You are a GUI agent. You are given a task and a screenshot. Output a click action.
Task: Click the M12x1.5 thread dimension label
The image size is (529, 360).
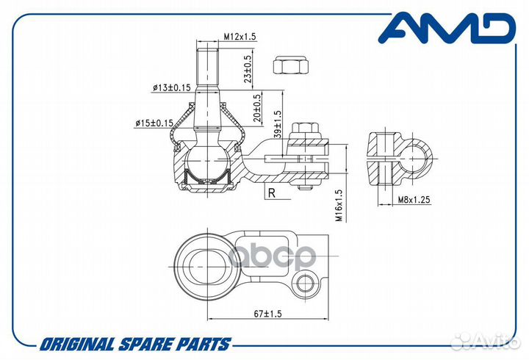coord(240,37)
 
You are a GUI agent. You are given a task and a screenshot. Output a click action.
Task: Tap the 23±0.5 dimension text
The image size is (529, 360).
coord(248,69)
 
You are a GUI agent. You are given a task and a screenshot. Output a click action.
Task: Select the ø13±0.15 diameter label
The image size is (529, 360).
coord(172,87)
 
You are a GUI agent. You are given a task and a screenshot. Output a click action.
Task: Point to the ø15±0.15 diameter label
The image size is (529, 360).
coord(154,123)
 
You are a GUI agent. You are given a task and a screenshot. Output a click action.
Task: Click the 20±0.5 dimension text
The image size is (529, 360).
coord(257,107)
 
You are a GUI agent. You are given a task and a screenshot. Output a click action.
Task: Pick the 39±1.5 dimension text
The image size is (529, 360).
coord(277,124)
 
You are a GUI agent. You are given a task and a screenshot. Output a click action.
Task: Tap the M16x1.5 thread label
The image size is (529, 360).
coord(339,206)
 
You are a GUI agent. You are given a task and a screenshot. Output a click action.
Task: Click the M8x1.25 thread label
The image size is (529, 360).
coord(414,200)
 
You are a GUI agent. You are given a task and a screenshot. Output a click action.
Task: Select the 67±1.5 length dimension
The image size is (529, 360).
coord(267,314)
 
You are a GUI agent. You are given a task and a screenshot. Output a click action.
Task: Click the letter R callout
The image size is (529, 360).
coord(272,193)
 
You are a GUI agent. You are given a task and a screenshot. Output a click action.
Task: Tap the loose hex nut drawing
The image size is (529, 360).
coord(291,65)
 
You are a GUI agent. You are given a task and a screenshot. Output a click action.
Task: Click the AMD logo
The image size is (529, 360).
coord(447,29)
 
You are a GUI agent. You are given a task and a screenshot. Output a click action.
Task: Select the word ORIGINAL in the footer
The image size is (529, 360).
coord(77,344)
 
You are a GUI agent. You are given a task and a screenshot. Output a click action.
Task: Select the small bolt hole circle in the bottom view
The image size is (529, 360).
coord(305,281)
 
